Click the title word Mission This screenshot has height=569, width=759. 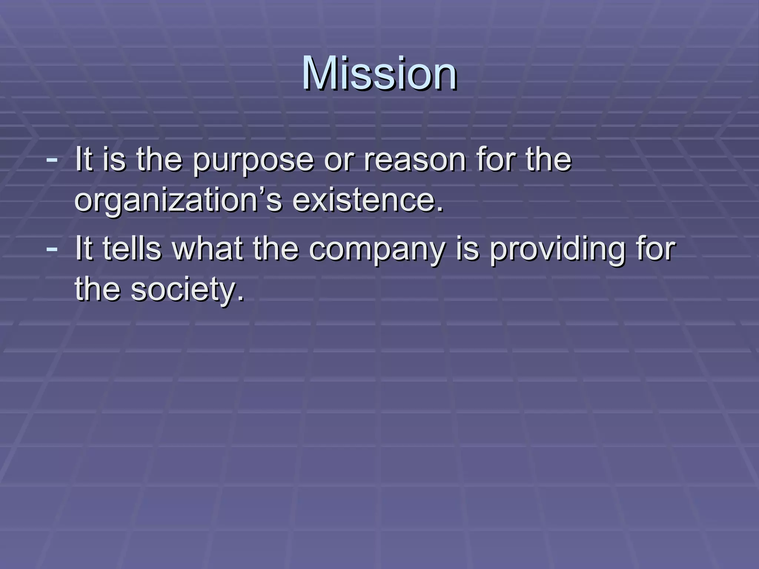[379, 73]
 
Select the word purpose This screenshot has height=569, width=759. [253, 160]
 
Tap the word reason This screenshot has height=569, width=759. [414, 160]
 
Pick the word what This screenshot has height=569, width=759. [208, 249]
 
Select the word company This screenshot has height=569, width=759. [377, 249]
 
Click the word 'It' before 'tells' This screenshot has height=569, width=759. [83, 249]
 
